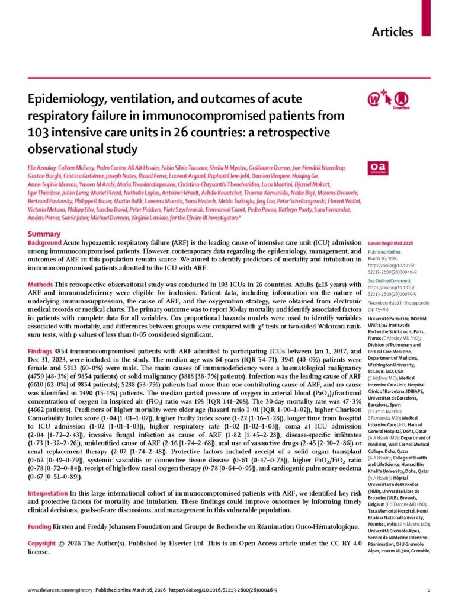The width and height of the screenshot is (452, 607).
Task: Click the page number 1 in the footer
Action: pos(428,591)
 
